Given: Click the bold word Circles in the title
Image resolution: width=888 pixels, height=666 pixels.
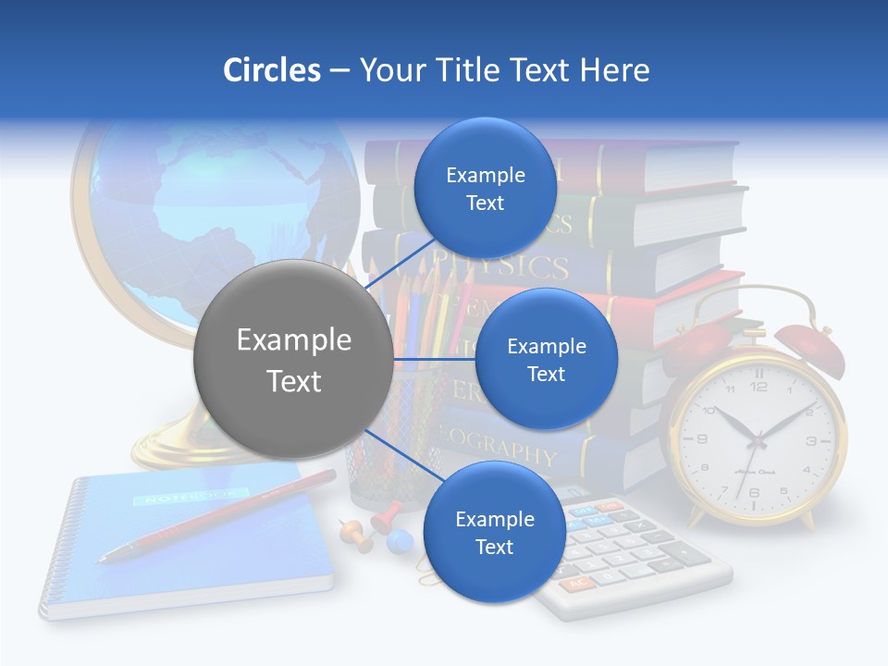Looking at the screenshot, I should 271,70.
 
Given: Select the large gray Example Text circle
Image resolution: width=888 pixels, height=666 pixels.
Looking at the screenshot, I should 293,360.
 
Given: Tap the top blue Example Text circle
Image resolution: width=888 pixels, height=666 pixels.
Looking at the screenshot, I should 485,188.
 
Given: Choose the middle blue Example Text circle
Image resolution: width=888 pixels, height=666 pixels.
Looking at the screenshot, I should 546,359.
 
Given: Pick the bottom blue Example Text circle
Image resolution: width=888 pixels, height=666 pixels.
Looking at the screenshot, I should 494,532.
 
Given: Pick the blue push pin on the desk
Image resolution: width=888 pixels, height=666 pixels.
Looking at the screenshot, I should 399,539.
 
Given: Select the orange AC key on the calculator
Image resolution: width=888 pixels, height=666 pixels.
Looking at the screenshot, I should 576,585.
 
